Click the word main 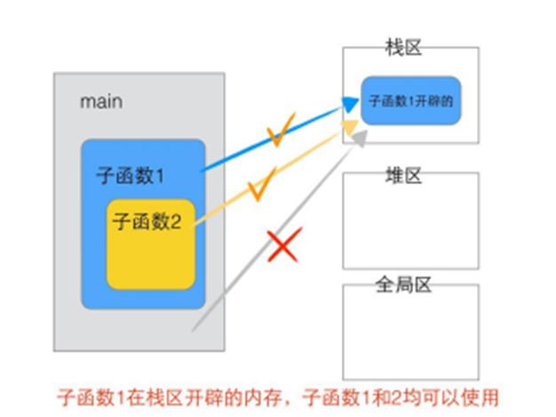(101, 101)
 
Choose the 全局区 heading (403, 285)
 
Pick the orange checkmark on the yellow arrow (258, 188)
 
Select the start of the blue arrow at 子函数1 (206, 169)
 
